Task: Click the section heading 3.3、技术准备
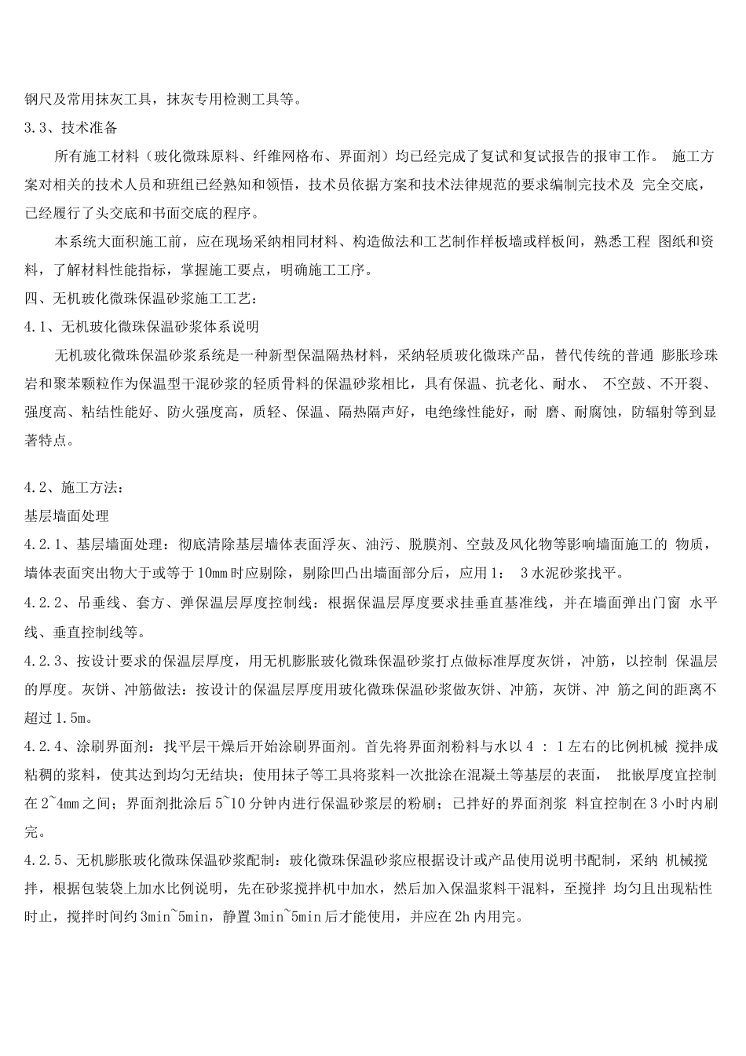71,127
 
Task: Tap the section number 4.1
37,326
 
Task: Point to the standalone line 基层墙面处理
67,516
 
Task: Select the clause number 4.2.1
42,544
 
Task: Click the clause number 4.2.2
42,603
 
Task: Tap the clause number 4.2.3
42,661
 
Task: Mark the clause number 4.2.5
42,860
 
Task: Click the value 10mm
214,573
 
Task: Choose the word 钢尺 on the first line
37,99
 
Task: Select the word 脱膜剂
430,544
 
